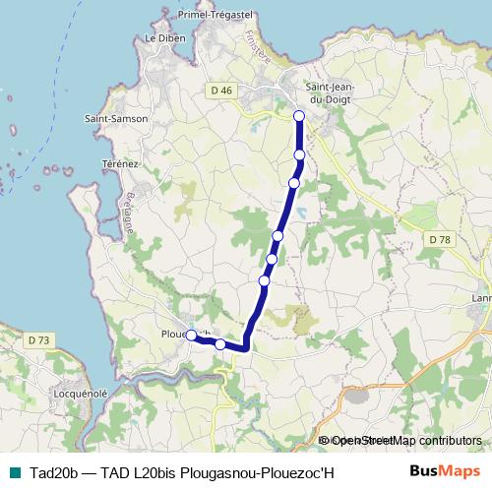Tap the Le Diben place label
(x=164, y=38)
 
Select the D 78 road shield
(x=439, y=239)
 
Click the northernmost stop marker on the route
(x=299, y=116)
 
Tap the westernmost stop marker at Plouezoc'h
(x=192, y=335)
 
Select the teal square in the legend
(x=13, y=472)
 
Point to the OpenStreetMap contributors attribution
(x=403, y=441)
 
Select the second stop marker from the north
(x=299, y=155)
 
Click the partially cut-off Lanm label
(x=480, y=298)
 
